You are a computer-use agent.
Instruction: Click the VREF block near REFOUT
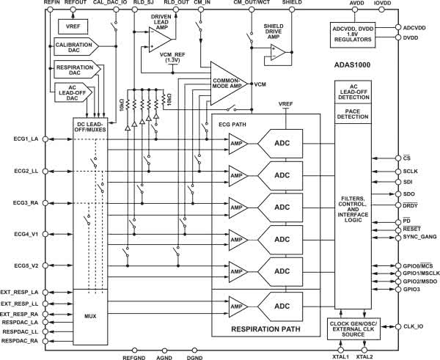tap(72, 27)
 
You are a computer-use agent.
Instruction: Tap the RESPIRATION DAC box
tap(74, 71)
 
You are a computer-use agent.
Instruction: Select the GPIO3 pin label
tap(413, 290)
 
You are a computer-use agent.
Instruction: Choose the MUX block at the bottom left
tap(90, 317)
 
